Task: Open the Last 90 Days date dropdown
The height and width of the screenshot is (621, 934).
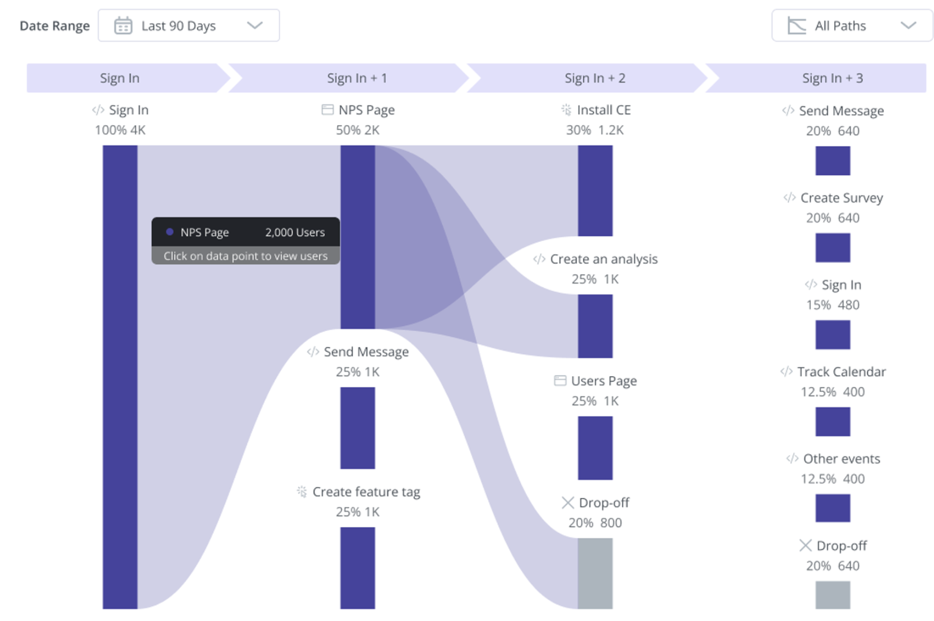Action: click(x=189, y=25)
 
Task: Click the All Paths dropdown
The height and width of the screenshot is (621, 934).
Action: click(x=852, y=25)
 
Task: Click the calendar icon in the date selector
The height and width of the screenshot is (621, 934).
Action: click(x=123, y=25)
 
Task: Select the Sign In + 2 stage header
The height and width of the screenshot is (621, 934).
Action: click(x=595, y=78)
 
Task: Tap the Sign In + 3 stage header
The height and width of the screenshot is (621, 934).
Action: click(x=832, y=78)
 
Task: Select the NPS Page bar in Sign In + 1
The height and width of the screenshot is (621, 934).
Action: click(x=357, y=237)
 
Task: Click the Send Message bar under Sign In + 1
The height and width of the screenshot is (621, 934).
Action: click(x=357, y=428)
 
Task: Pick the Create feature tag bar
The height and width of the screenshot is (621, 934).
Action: click(x=357, y=567)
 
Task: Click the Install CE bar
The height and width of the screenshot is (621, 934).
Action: click(x=595, y=190)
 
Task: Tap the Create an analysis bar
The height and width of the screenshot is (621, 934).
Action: click(x=595, y=325)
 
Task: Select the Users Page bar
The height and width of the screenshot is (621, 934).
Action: click(x=595, y=447)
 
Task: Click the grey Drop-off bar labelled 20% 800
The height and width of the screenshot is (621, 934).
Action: click(x=595, y=573)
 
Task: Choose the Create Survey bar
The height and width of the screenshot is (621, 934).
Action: click(x=833, y=247)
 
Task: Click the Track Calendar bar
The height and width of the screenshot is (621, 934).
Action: click(x=833, y=422)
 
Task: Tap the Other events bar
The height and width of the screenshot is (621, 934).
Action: click(x=833, y=508)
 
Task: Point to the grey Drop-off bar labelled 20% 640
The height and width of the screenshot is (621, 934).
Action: click(x=833, y=595)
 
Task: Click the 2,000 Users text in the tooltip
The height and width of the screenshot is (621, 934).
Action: click(x=295, y=232)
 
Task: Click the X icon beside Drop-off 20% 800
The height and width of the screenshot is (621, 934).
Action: click(x=567, y=503)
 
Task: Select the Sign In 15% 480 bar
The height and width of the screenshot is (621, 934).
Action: click(x=833, y=334)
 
